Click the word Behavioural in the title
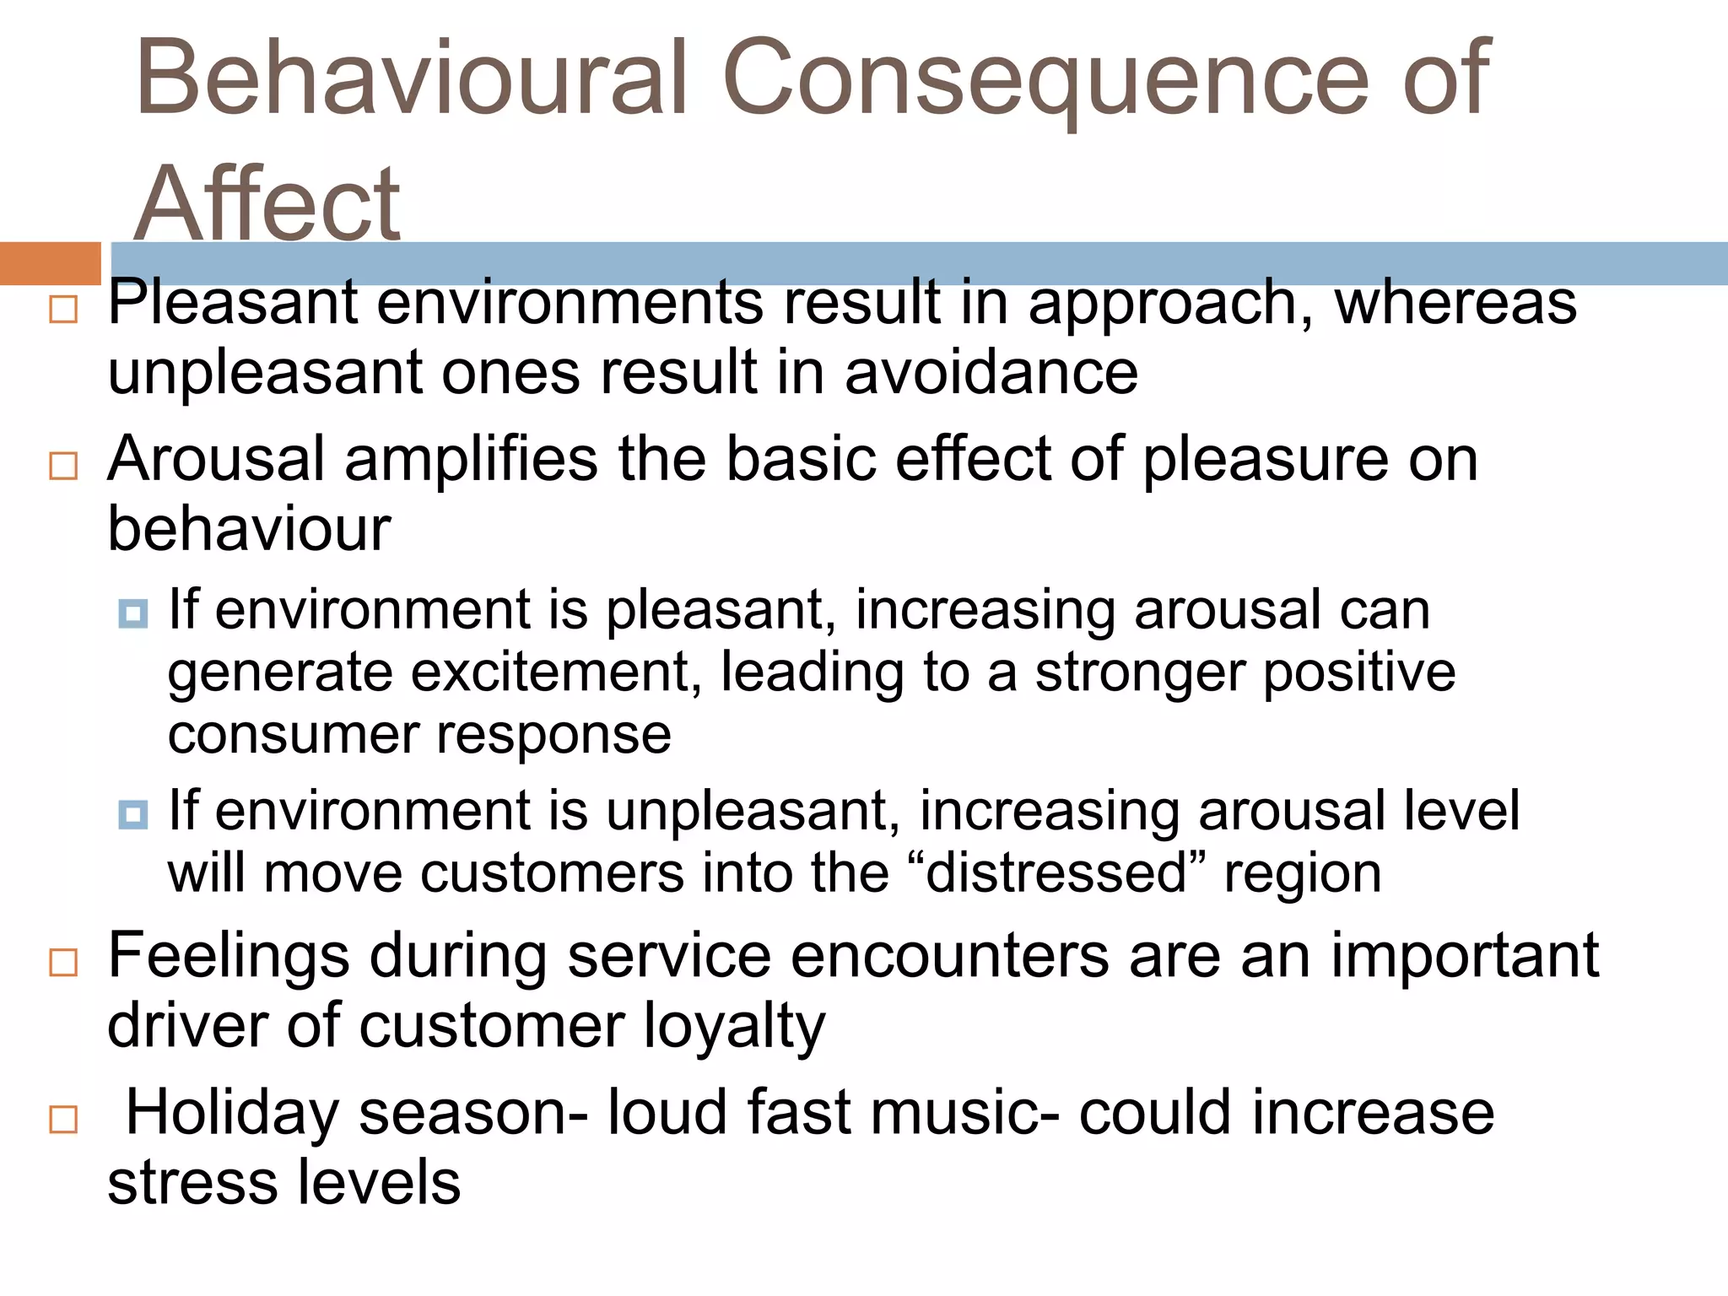[410, 78]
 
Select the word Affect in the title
[267, 204]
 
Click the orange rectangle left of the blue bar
[50, 263]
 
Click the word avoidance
[991, 372]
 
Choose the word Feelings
[229, 955]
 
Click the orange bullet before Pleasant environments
[63, 309]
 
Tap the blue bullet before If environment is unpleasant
[133, 814]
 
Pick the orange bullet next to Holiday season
[63, 1120]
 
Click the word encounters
[950, 955]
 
